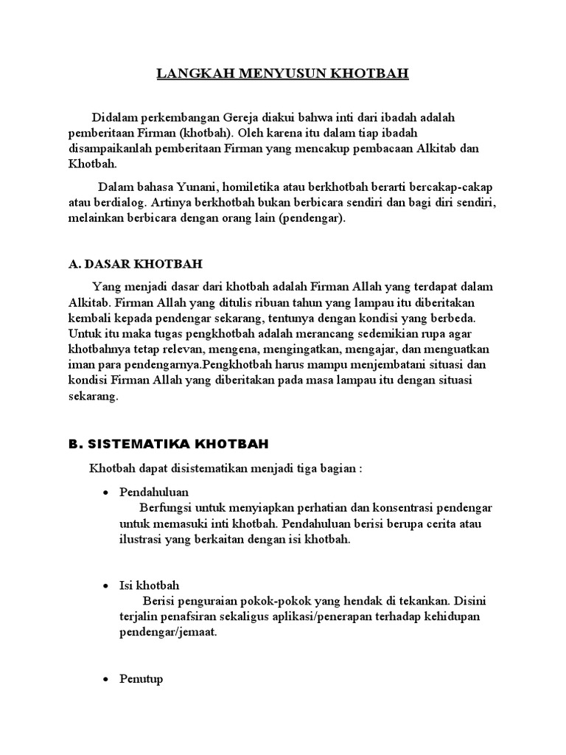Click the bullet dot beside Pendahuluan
click(x=105, y=492)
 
